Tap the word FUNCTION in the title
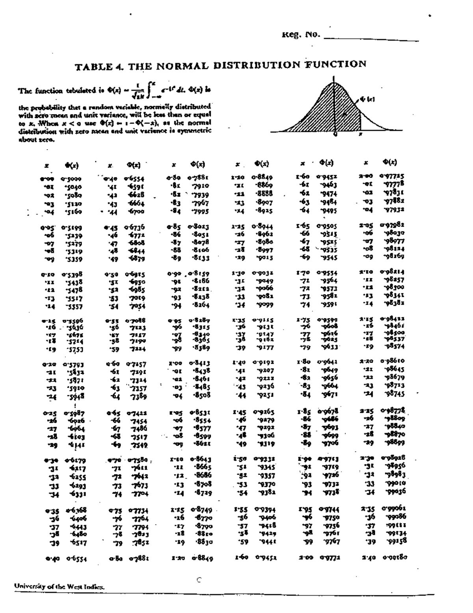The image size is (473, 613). coord(336,64)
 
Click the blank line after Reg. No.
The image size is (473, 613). coord(371,38)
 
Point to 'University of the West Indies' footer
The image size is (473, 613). coord(60,587)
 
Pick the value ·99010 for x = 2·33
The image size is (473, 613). coord(395,483)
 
